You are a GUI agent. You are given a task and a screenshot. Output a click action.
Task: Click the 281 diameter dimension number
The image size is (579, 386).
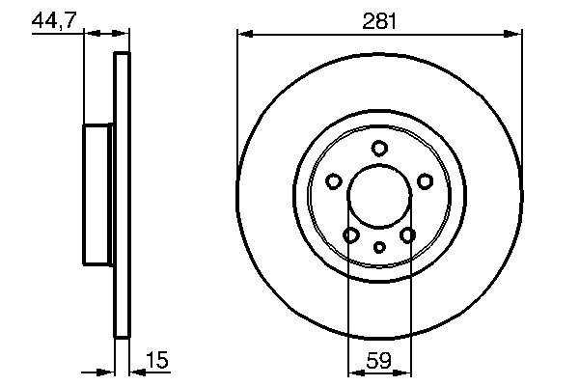[379, 19]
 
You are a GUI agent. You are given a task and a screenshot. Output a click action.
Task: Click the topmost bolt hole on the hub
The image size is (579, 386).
[379, 148]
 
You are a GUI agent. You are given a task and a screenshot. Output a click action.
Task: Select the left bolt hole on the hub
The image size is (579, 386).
[334, 180]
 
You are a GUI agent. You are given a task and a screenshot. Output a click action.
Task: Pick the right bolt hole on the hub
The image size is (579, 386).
[425, 180]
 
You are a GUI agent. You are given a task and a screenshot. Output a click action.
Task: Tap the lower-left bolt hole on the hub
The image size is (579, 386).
[351, 234]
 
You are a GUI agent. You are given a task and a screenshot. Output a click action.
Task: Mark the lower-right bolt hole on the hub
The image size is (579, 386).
[407, 234]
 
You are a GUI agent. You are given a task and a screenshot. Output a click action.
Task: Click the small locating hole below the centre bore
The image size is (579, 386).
[379, 247]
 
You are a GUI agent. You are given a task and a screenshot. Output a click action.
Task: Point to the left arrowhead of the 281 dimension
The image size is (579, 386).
[243, 35]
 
